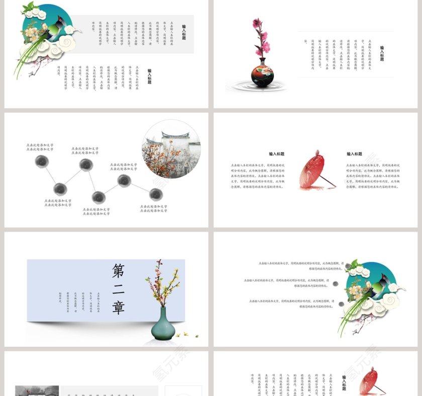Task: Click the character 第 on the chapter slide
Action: (x=118, y=271)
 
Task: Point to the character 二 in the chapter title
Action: (x=118, y=290)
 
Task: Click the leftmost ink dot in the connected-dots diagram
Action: (x=42, y=161)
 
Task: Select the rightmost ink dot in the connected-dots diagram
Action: (x=156, y=194)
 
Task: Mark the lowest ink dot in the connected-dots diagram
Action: (x=98, y=198)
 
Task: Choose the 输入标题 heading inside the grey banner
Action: (x=184, y=32)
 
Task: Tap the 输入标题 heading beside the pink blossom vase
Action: (x=382, y=53)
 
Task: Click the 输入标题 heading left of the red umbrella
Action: (x=276, y=154)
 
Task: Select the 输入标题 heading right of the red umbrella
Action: (x=354, y=154)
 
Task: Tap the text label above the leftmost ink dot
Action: (x=40, y=147)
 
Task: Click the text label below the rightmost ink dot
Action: (x=153, y=209)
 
